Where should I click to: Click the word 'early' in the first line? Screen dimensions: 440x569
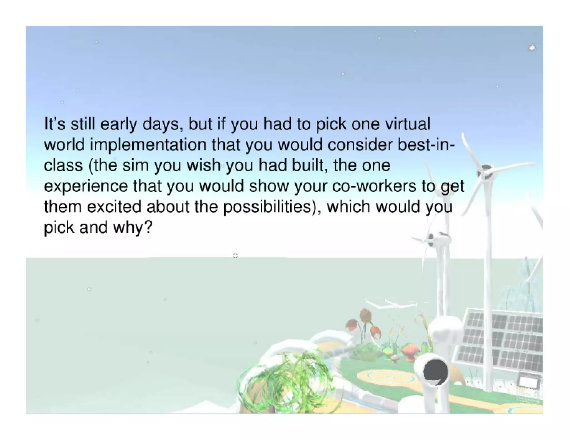tap(118, 124)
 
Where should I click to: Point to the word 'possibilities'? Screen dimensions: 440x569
tap(267, 207)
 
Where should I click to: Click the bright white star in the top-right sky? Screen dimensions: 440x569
tap(532, 48)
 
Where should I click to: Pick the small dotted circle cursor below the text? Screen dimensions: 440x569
tap(235, 256)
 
